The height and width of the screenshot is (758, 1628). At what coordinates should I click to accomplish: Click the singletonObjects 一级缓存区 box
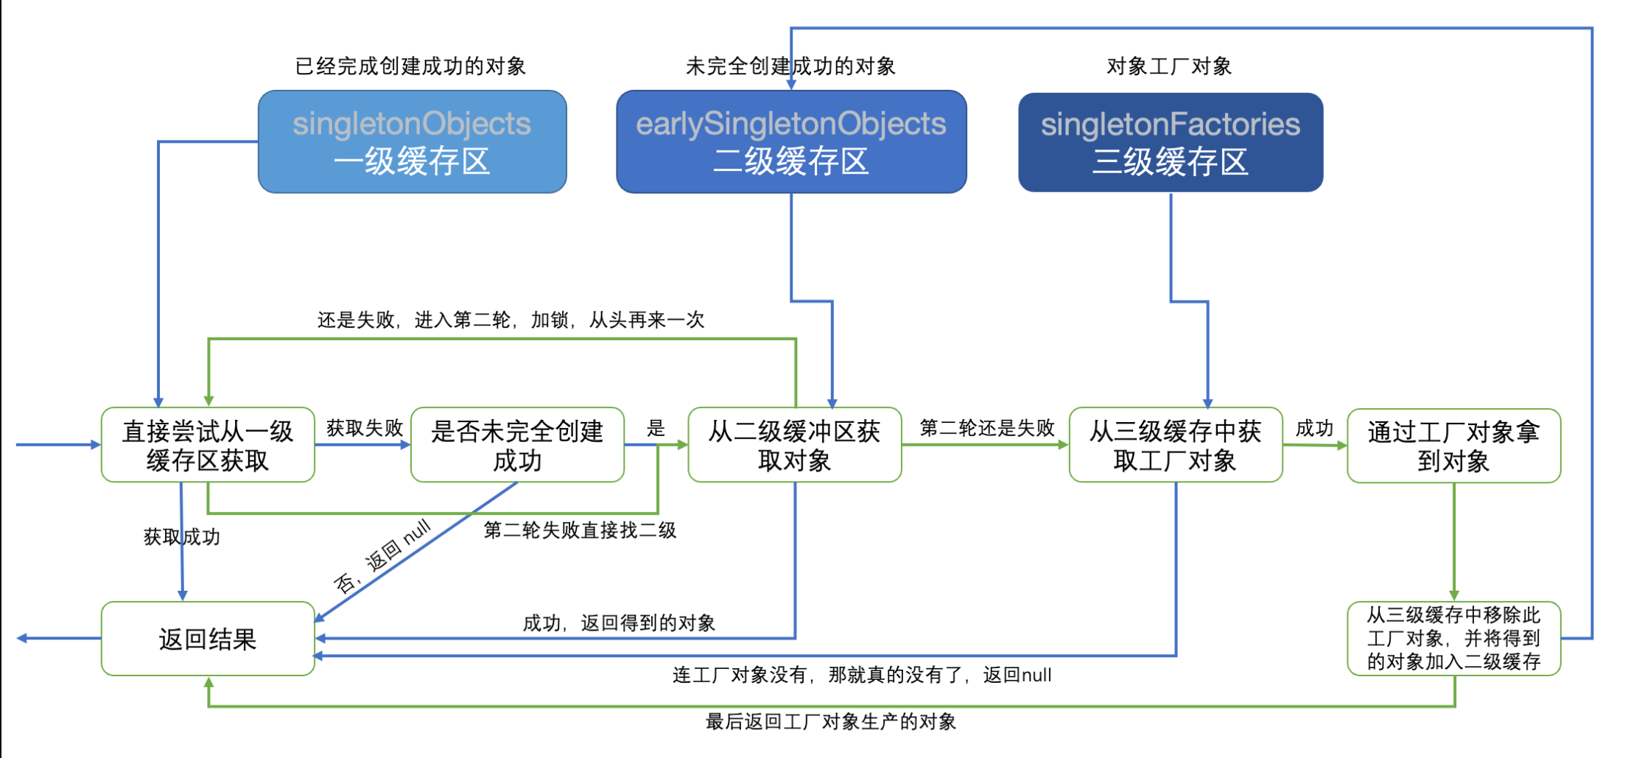click(x=412, y=141)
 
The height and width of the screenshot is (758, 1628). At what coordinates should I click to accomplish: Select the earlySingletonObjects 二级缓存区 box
click(x=791, y=141)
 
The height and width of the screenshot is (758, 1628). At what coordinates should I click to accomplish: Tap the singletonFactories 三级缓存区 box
click(x=1171, y=142)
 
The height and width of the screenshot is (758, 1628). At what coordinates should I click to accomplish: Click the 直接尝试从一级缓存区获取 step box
click(x=208, y=445)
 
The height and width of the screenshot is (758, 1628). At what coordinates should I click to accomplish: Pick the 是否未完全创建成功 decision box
click(x=517, y=445)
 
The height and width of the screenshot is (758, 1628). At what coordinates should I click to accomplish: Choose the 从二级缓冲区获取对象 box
click(x=794, y=445)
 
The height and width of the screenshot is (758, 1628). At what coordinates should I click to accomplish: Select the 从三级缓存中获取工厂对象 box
click(x=1175, y=445)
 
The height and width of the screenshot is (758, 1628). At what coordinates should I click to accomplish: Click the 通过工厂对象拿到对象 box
click(x=1453, y=446)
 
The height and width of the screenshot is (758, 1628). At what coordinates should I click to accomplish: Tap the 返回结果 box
click(x=208, y=639)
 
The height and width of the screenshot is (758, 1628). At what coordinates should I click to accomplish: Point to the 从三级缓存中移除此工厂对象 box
click(x=1453, y=638)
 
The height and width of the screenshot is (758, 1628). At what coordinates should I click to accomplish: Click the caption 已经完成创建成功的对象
click(x=410, y=66)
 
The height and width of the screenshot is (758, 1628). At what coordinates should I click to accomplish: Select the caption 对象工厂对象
click(x=1169, y=66)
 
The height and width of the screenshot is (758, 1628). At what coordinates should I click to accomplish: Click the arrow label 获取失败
click(x=365, y=428)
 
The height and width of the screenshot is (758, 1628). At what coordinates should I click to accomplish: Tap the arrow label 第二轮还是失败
click(x=987, y=428)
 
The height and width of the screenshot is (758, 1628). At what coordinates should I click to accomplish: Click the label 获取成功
click(x=182, y=536)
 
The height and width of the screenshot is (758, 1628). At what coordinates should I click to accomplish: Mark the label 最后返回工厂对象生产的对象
click(x=831, y=722)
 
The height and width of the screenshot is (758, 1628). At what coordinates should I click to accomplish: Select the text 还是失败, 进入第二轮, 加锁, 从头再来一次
click(x=510, y=320)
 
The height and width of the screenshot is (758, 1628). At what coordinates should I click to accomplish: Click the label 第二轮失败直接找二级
click(x=580, y=530)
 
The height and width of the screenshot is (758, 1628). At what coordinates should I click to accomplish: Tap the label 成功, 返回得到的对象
click(x=619, y=623)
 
